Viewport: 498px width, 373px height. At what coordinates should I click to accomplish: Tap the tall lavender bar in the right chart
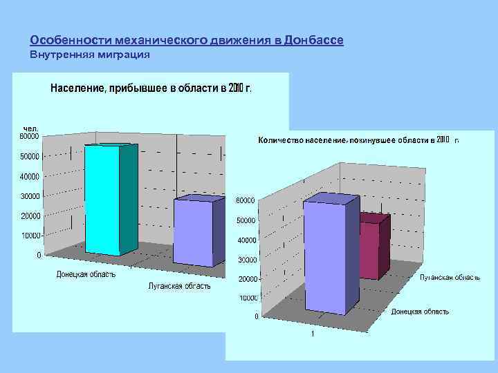coord(329,256)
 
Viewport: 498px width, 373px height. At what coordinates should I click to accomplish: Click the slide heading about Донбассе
coord(187,41)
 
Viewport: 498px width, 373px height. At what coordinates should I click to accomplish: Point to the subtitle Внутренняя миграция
coord(91,54)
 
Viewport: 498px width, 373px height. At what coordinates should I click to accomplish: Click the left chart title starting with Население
coord(150,88)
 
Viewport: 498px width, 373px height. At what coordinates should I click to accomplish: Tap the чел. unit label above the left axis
coord(30,128)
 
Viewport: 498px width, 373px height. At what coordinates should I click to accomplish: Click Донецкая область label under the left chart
coord(86,274)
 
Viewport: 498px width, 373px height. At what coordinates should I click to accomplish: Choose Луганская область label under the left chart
coord(180,286)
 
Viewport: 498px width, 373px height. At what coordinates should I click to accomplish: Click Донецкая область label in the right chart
coord(420,312)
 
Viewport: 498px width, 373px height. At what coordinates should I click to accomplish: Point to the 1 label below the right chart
coord(313,335)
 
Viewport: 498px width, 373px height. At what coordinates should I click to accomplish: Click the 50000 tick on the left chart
coord(30,157)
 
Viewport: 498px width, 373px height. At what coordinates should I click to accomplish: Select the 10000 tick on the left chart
coord(30,236)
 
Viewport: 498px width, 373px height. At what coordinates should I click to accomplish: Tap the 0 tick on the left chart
coord(39,256)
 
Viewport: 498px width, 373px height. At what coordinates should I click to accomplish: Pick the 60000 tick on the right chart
coord(246,201)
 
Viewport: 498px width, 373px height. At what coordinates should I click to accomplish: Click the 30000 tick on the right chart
coord(248,260)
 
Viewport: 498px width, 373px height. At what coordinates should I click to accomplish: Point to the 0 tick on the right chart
coord(257,317)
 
